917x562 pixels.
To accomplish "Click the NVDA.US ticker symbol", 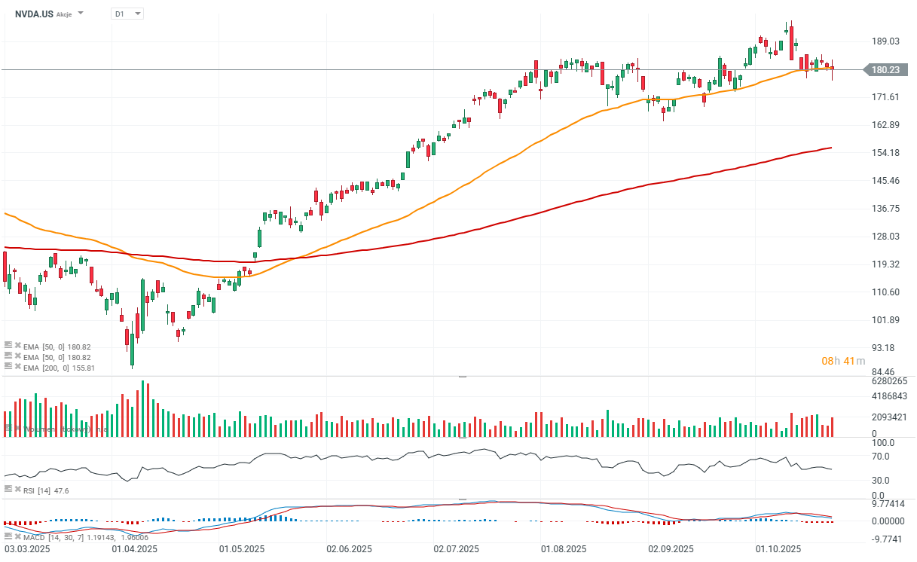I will tap(34, 14).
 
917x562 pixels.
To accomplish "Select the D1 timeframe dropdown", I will tap(126, 14).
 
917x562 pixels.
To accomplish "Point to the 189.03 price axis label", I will tap(886, 41).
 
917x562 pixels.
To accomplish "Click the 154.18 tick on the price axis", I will tap(886, 153).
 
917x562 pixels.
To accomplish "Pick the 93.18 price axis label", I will tap(886, 347).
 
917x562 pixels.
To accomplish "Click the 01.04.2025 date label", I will tap(134, 550).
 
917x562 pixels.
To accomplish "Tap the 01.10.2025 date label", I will tap(779, 550).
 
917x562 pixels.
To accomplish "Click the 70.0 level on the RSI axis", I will tap(881, 457).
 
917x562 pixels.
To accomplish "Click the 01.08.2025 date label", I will tap(564, 550).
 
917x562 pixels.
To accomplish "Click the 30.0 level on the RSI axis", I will tap(881, 480).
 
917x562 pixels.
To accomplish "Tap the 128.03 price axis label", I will tap(886, 237).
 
